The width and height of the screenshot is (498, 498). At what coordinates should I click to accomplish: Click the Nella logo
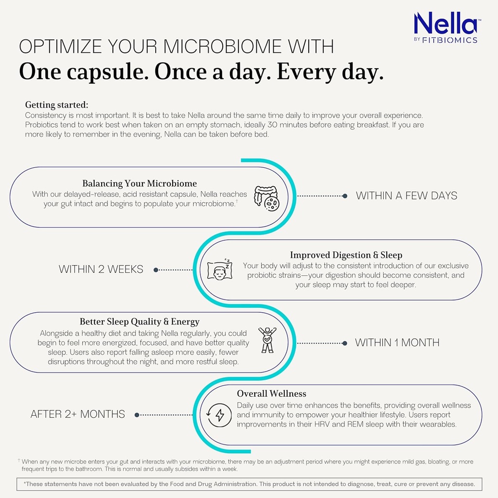point(445,23)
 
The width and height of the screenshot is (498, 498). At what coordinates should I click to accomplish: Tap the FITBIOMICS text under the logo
point(452,40)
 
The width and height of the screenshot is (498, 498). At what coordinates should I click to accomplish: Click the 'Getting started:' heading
point(56,105)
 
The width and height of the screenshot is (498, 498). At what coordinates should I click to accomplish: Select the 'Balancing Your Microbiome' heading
point(140,183)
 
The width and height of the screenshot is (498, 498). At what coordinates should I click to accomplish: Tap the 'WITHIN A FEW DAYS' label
point(407,196)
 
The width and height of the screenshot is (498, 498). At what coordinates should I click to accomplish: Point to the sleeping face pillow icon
point(220,269)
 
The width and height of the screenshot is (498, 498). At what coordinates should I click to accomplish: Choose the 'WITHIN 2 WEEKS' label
point(101,269)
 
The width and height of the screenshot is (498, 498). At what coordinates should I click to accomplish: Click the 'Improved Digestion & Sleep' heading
point(346,255)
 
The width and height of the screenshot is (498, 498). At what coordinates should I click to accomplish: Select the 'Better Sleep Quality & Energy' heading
point(140,321)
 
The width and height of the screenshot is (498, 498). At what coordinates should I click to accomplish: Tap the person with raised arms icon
point(267,339)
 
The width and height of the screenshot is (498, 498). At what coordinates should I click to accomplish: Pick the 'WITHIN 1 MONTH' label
point(397,342)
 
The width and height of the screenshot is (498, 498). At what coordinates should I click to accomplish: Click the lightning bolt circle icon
point(219,415)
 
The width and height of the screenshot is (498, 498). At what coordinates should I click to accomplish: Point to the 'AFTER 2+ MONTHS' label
point(78,414)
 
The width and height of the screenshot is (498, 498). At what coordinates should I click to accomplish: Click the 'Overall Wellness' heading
point(271,393)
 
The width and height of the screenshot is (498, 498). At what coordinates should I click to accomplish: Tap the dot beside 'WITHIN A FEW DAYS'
point(345,196)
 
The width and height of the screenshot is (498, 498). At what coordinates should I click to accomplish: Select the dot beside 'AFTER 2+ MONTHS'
point(137,415)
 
